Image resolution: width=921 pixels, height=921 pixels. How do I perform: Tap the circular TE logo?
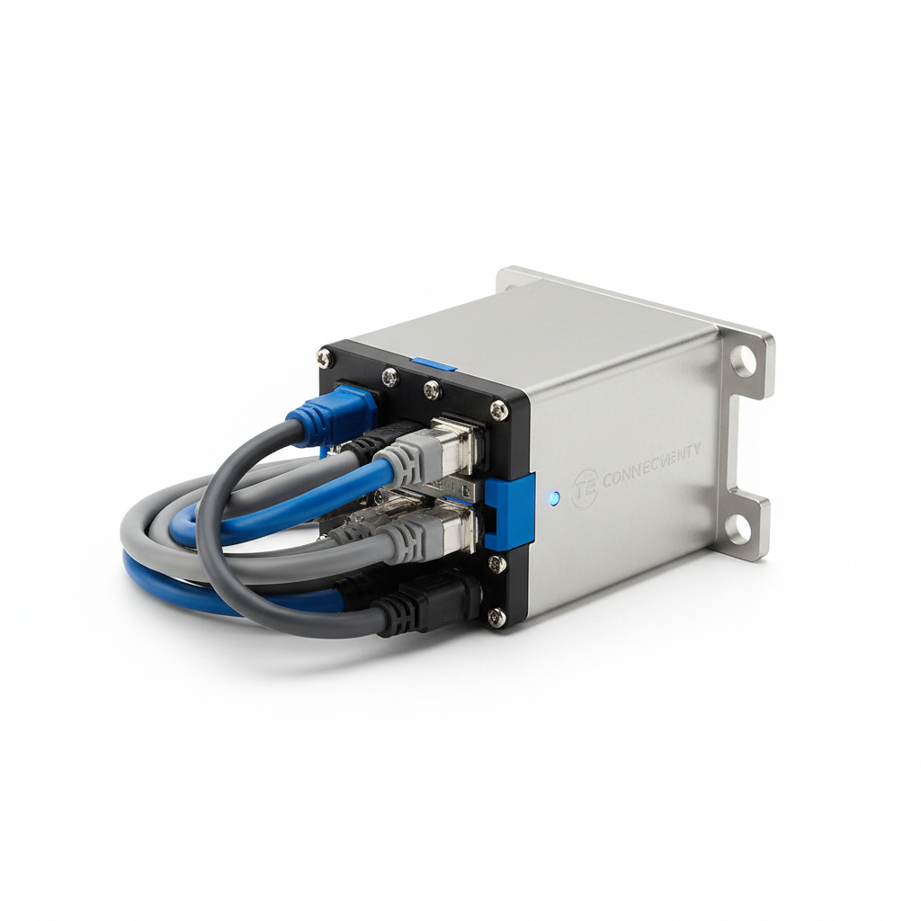point(585,486)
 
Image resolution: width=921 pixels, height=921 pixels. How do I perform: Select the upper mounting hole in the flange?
point(743,362)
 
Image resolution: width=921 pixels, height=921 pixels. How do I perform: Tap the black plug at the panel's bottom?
point(432,601)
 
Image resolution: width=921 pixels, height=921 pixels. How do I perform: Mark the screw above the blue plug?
point(325,358)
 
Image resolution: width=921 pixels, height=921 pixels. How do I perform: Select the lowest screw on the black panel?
point(495,616)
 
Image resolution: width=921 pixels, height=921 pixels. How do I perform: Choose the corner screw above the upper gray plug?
point(497,410)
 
